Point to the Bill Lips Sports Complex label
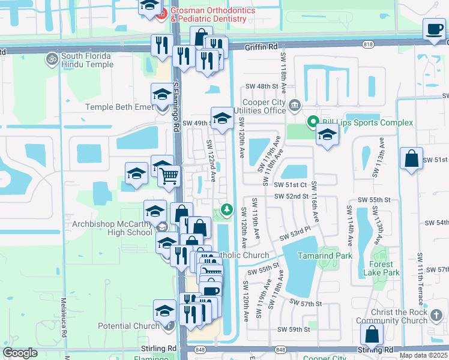click(x=367, y=122)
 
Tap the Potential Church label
click(x=129, y=326)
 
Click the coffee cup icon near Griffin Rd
click(x=434, y=29)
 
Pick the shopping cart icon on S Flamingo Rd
click(x=170, y=176)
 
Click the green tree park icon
click(x=226, y=209)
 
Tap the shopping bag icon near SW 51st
click(x=411, y=159)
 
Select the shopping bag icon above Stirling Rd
click(x=372, y=334)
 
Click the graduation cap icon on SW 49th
click(x=221, y=118)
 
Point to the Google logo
click(x=20, y=353)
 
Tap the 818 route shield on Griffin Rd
click(x=368, y=44)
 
